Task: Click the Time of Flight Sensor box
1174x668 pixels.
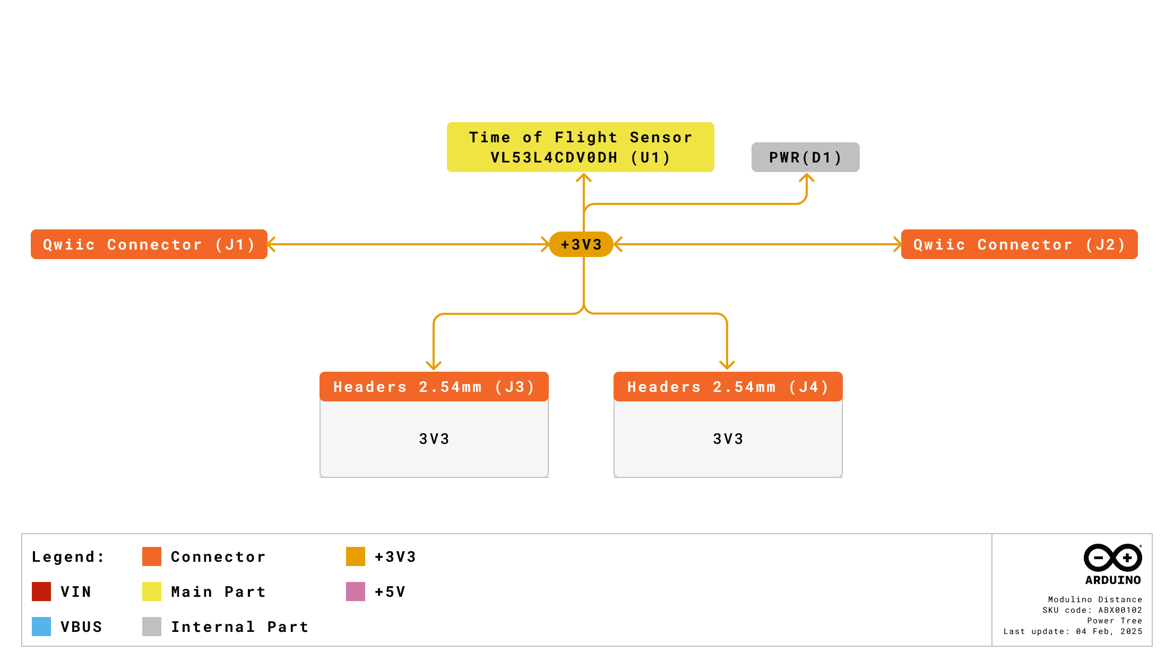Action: tap(580, 147)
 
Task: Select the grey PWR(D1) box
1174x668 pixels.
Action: tap(805, 157)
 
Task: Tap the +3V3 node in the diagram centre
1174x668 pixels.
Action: tap(581, 244)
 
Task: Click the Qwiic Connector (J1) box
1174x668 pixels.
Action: tap(149, 244)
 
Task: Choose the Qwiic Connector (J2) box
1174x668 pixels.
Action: tap(1019, 244)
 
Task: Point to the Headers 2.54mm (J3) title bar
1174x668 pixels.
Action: tap(434, 387)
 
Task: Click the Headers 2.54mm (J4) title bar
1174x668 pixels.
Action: tap(728, 387)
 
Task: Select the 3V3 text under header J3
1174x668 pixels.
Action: tap(434, 439)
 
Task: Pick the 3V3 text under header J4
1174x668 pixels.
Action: tap(728, 439)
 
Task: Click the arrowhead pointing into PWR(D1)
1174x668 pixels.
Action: tap(807, 177)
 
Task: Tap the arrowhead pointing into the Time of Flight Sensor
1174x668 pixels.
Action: tap(584, 177)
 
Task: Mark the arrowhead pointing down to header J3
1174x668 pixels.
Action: tap(434, 366)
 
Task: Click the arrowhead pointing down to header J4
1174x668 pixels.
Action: tap(727, 365)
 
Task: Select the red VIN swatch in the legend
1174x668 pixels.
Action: tap(41, 592)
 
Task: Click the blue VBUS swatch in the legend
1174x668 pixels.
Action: tap(41, 627)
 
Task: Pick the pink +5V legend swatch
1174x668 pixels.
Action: tap(356, 592)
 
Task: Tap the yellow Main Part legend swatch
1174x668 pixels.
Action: tap(152, 592)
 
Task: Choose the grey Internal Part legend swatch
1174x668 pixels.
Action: tap(152, 627)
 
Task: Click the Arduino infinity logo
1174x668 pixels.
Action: tap(1112, 558)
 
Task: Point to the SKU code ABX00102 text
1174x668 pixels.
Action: tap(1092, 610)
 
